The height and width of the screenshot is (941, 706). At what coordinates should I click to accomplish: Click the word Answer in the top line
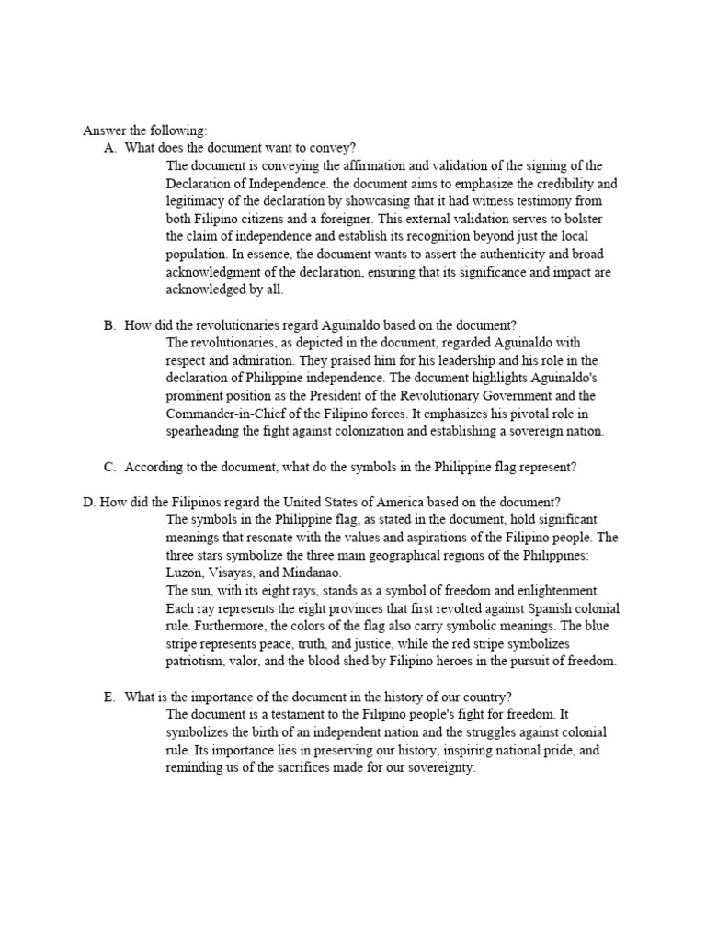104,130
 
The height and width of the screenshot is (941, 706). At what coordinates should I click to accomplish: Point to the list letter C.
109,467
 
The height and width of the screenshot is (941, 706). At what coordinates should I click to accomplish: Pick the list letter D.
88,502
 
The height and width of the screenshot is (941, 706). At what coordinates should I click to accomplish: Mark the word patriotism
199,662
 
